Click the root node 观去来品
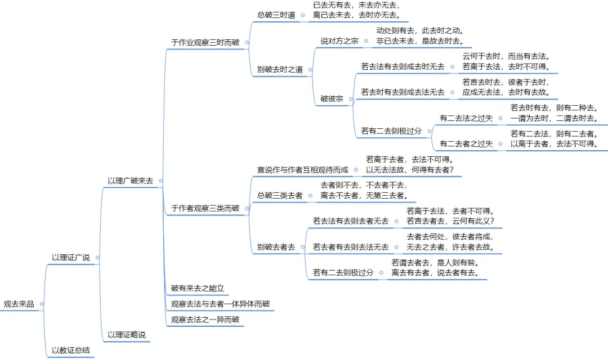tap(19, 304)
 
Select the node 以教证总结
tap(70, 350)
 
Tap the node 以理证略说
tap(126, 335)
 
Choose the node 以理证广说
tap(70, 258)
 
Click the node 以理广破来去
tap(130, 181)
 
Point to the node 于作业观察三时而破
tap(204, 42)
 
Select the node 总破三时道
tap(276, 15)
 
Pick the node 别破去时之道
tap(280, 70)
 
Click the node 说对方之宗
tap(339, 41)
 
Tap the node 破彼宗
tap(332, 98)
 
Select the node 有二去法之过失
tap(466, 118)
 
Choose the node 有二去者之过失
tap(466, 144)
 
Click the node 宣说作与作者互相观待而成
tap(303, 169)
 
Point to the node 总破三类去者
tap(280, 195)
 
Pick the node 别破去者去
tap(276, 247)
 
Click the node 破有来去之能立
tap(198, 289)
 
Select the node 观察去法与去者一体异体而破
tap(220, 304)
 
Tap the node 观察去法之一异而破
tap(205, 320)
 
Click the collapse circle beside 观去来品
tap(42, 304)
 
